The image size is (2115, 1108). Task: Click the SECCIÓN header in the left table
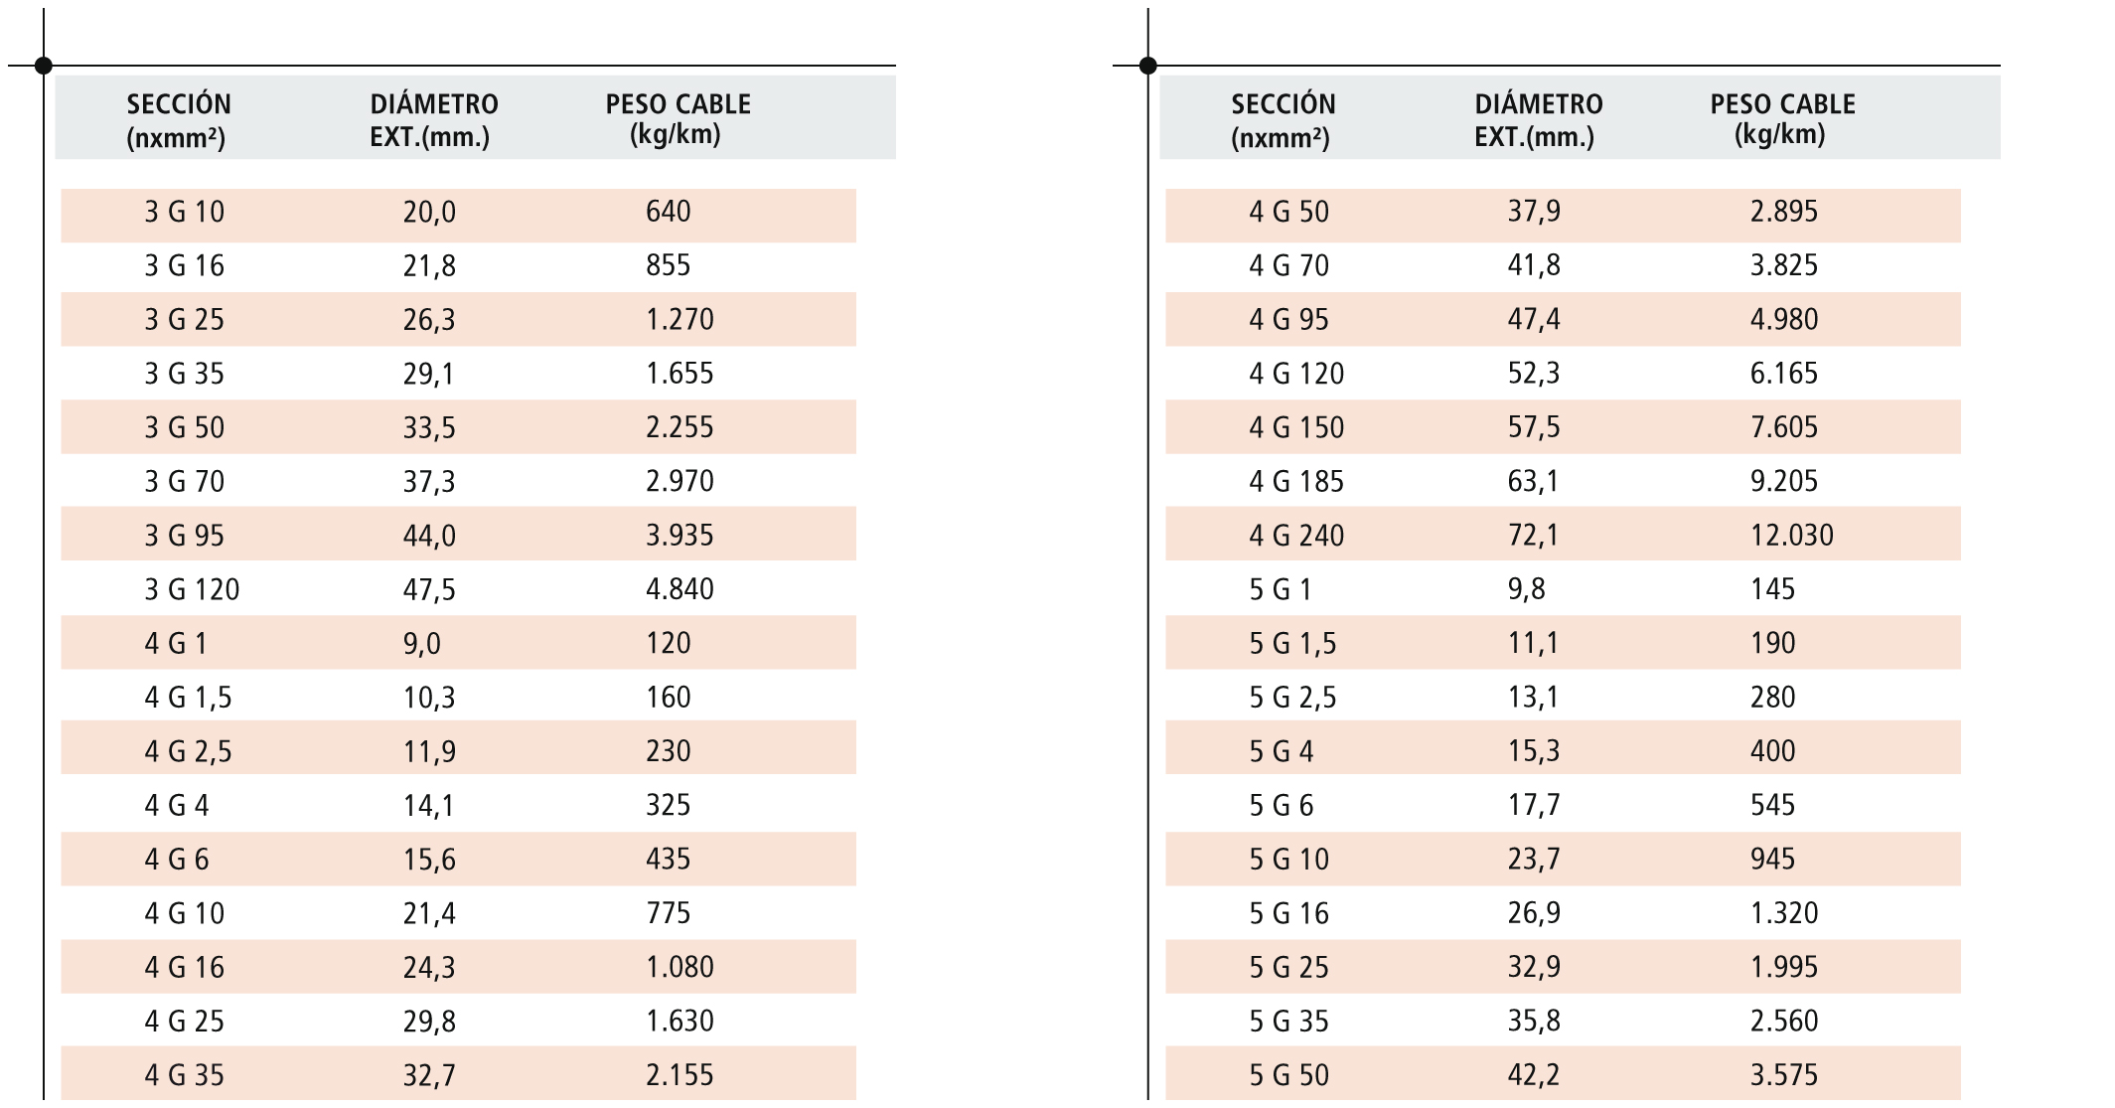tap(178, 118)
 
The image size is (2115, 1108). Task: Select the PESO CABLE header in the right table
tap(1782, 118)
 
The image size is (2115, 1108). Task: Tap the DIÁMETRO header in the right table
tap(1538, 118)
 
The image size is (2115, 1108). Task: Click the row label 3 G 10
tap(185, 213)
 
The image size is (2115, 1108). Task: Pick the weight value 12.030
tap(1791, 536)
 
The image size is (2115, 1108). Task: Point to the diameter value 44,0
tap(429, 536)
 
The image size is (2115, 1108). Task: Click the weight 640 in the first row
tap(668, 212)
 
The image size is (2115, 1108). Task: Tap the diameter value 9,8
tap(1526, 589)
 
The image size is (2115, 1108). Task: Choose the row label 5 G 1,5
tap(1291, 644)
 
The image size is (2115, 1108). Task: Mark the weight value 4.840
tap(680, 589)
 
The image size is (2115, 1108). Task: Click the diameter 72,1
tap(1533, 536)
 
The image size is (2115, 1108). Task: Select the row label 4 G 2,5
tap(188, 751)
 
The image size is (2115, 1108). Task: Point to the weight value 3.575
tap(1783, 1075)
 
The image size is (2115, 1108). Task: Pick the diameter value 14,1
tap(428, 805)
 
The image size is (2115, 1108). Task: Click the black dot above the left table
tap(43, 66)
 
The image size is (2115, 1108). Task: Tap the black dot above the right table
tap(1147, 66)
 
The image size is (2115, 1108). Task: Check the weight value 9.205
tap(1783, 482)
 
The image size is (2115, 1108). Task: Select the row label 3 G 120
tap(192, 590)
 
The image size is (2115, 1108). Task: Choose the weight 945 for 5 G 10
tap(1772, 860)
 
